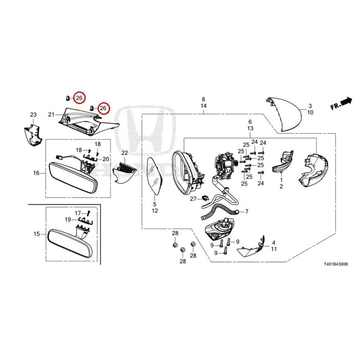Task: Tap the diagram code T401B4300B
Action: click(336, 264)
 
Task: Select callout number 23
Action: click(33, 115)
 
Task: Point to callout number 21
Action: click(51, 114)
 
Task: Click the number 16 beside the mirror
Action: click(36, 173)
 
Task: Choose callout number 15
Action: click(37, 234)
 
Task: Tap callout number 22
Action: click(125, 153)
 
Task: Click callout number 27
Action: click(193, 199)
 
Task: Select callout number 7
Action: click(247, 211)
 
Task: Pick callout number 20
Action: click(106, 159)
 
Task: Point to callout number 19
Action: click(68, 220)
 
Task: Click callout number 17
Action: click(78, 213)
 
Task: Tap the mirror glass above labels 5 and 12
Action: click(155, 175)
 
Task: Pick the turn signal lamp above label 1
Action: click(283, 162)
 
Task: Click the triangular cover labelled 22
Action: click(124, 173)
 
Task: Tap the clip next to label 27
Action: click(206, 198)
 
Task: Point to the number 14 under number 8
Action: click(203, 106)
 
